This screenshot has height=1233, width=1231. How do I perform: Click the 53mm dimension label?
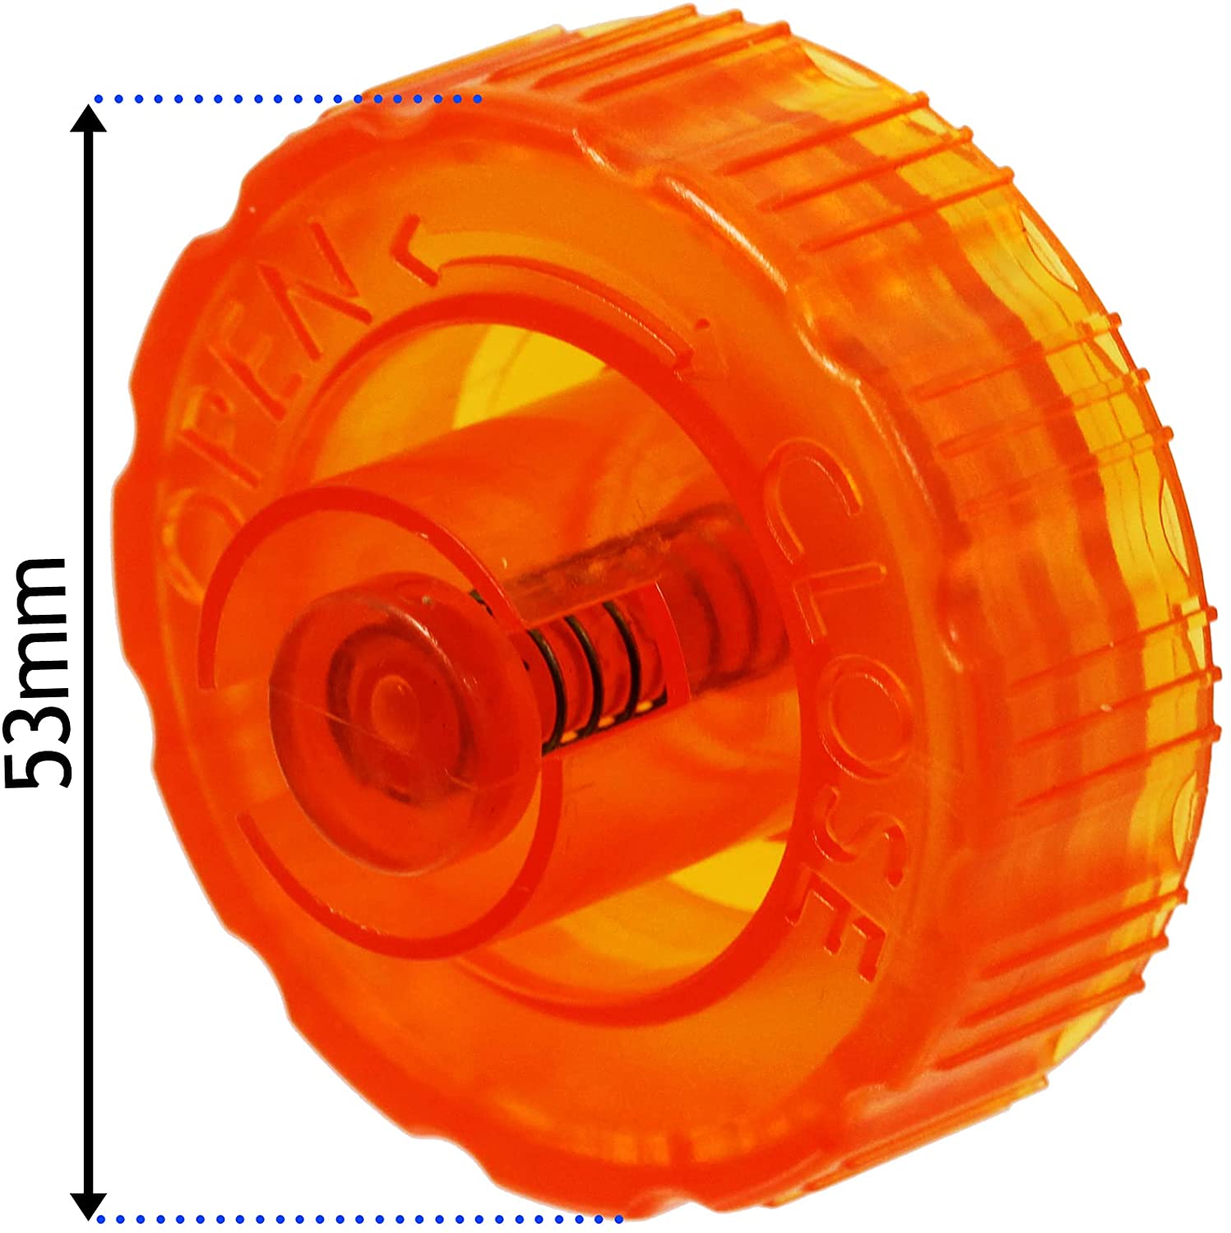click(37, 672)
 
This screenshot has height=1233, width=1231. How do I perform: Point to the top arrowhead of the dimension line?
click(88, 119)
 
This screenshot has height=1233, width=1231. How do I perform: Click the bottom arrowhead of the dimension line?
click(88, 1203)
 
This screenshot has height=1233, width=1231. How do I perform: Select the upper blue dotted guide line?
click(288, 99)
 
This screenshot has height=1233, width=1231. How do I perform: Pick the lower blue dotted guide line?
click(354, 1218)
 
